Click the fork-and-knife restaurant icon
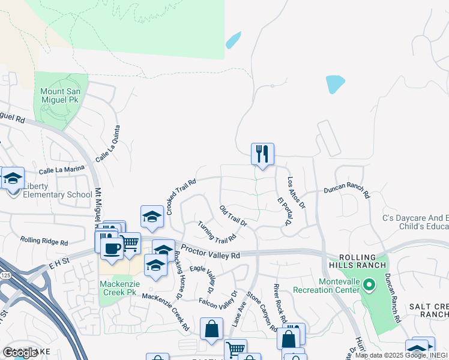click(262, 154)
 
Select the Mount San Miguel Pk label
click(64, 95)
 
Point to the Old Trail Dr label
click(234, 216)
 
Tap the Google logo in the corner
click(20, 353)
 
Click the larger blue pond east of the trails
click(335, 84)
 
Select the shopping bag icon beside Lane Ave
click(212, 329)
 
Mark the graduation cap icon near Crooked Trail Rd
click(152, 217)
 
